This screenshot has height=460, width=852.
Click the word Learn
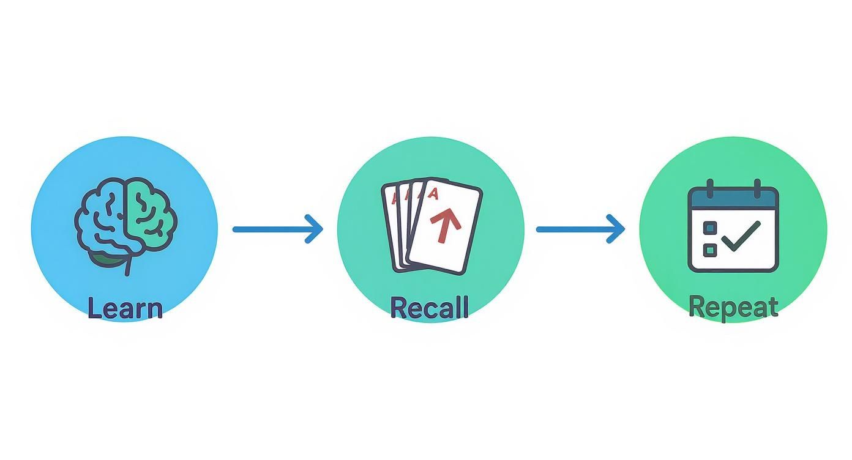pyautogui.click(x=125, y=308)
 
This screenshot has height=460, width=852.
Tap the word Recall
pyautogui.click(x=429, y=307)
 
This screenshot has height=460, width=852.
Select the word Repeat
pyautogui.click(x=733, y=307)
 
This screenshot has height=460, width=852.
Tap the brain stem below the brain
pyautogui.click(x=127, y=267)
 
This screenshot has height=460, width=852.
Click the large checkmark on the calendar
pyautogui.click(x=741, y=236)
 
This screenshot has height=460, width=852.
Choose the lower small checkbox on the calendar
pyautogui.click(x=710, y=250)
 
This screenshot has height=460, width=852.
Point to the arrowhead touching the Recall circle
pyautogui.click(x=315, y=229)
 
